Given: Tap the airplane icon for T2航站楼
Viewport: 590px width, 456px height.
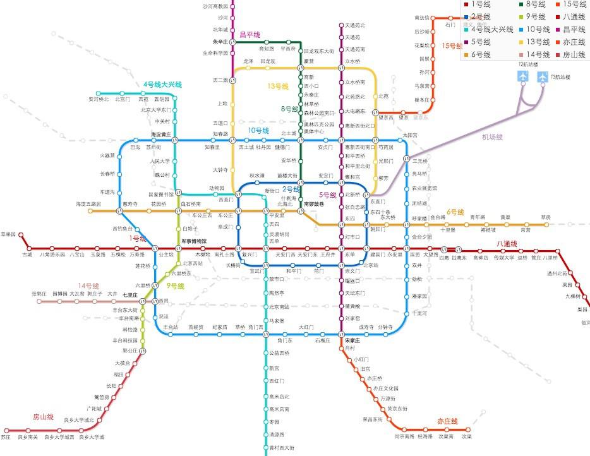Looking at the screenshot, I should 523,76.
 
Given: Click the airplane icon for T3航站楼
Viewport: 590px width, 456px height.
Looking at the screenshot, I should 543,76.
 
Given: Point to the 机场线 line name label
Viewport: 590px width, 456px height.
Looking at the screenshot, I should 492,136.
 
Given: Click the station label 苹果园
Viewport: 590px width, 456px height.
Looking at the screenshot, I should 9,234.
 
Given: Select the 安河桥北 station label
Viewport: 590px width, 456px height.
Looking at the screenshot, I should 99,99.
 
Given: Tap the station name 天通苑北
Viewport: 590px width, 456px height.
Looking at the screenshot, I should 355,25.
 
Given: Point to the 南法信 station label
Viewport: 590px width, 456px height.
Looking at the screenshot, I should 421,17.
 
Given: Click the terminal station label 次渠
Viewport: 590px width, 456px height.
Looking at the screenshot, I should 466,436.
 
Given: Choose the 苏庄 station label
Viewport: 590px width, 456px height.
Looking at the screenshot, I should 6,436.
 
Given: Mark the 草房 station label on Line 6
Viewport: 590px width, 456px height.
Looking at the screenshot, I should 545,217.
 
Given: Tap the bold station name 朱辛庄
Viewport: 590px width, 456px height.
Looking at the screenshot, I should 224,42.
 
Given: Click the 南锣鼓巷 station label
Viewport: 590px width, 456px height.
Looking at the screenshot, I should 314,203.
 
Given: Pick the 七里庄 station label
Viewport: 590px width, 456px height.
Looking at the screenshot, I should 130,294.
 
